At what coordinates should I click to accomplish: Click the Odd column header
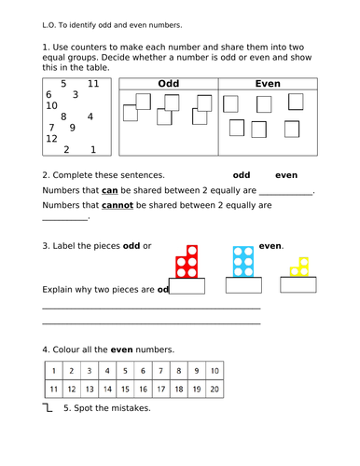tap(168, 84)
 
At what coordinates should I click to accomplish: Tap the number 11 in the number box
tap(93, 83)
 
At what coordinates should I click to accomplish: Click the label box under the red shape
tap(187, 288)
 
